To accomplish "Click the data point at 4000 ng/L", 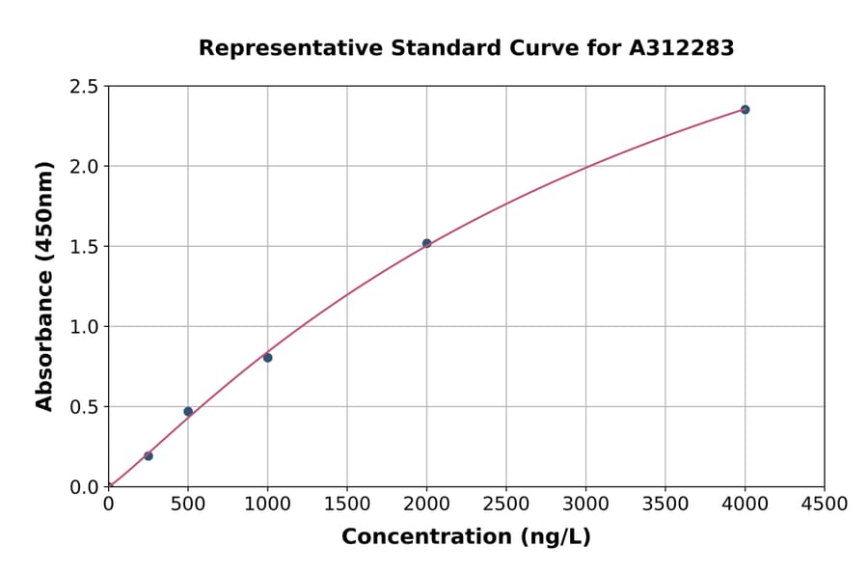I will [x=745, y=109].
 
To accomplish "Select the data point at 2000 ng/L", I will [x=426, y=243].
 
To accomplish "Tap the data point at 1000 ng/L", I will [x=267, y=358].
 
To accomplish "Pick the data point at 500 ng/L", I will [x=188, y=411].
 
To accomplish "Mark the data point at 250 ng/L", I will [x=148, y=455].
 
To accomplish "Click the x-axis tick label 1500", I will [x=347, y=504].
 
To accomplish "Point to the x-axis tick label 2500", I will [x=506, y=504].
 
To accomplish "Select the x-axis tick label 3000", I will [x=585, y=504].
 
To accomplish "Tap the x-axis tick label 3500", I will [x=665, y=504].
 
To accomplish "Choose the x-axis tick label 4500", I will [x=825, y=504].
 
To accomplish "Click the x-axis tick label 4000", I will [x=745, y=504].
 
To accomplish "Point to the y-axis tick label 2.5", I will [x=85, y=87].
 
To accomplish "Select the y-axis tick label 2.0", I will [x=85, y=167].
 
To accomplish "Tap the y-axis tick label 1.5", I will [x=85, y=247].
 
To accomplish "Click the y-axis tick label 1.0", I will [x=85, y=327].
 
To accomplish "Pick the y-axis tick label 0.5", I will [x=85, y=407].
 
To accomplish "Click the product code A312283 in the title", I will [x=682, y=48].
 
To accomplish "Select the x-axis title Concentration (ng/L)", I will [x=466, y=537].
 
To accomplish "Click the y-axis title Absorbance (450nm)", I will [x=44, y=286].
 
